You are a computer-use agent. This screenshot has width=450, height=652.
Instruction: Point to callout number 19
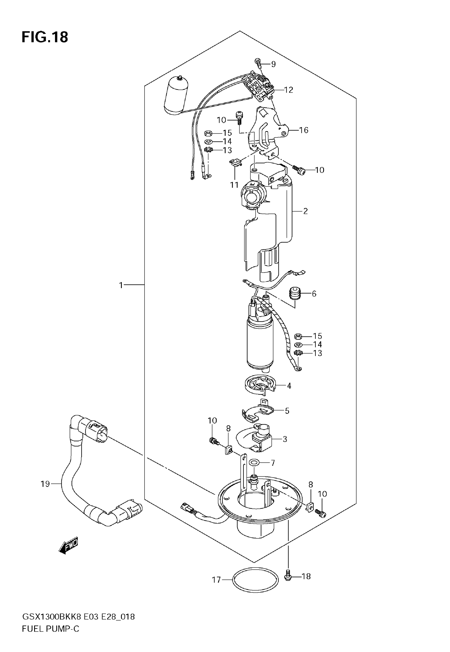click(x=45, y=484)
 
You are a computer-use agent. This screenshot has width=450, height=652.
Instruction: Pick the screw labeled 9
click(x=258, y=62)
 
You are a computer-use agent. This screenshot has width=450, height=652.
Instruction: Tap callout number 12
click(x=289, y=90)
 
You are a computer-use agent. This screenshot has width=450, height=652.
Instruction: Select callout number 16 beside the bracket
click(x=304, y=130)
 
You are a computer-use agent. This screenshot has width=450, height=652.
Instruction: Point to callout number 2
click(x=305, y=211)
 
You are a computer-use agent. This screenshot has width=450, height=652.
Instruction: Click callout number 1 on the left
click(x=121, y=285)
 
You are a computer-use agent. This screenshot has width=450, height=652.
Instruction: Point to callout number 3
click(x=285, y=439)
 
